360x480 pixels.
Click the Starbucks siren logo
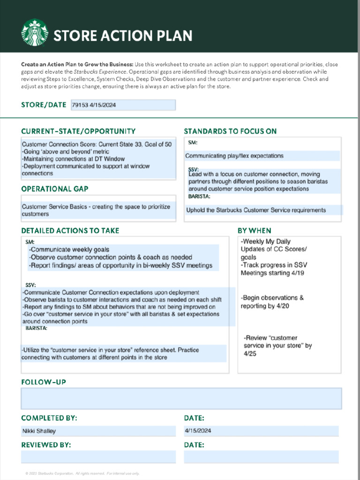pyautogui.click(x=34, y=32)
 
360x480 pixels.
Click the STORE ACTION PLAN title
pyautogui.click(x=123, y=36)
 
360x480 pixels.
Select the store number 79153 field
pyautogui.click(x=123, y=105)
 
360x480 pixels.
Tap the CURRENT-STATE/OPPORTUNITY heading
pyautogui.click(x=78, y=131)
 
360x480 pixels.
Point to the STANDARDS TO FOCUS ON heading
pyautogui.click(x=230, y=131)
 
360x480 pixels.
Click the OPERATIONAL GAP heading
pyautogui.click(x=54, y=188)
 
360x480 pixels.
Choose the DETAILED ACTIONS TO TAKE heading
pyautogui.click(x=70, y=231)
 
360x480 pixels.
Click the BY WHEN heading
pyautogui.click(x=254, y=231)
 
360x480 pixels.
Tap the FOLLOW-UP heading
pyautogui.click(x=44, y=382)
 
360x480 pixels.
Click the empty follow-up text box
pyautogui.click(x=181, y=398)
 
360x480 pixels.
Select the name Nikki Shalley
pyautogui.click(x=39, y=431)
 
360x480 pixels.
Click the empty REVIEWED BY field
pyautogui.click(x=98, y=457)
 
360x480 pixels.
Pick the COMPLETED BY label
pyautogui.click(x=49, y=418)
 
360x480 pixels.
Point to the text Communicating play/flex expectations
pyautogui.click(x=234, y=156)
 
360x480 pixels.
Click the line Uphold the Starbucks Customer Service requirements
pyautogui.click(x=256, y=210)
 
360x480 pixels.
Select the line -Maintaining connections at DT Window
pyautogui.click(x=73, y=159)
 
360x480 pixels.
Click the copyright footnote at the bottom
pyautogui.click(x=82, y=473)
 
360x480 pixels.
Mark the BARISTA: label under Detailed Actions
pyautogui.click(x=36, y=329)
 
